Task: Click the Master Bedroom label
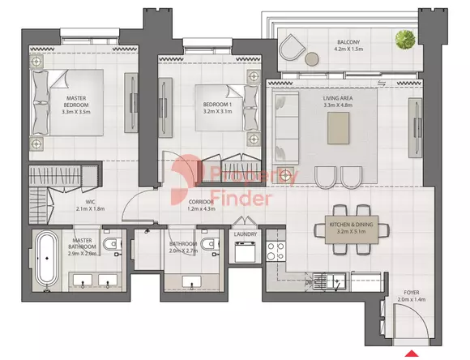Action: click(76, 101)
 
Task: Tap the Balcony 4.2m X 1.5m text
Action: click(348, 45)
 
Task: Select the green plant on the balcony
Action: click(405, 39)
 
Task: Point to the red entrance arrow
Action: click(412, 353)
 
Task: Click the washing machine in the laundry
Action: click(246, 251)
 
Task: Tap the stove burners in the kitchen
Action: click(276, 251)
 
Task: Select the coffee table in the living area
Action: click(338, 128)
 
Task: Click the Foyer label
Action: click(412, 292)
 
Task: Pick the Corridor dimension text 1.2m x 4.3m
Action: click(202, 209)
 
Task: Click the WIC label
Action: click(90, 202)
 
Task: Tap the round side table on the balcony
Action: click(312, 59)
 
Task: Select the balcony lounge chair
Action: click(292, 47)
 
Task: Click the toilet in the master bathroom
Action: click(112, 243)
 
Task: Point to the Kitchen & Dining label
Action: click(352, 225)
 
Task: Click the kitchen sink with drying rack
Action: click(329, 281)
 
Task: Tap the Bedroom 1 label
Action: click(217, 105)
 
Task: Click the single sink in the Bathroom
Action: click(191, 282)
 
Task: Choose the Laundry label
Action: click(246, 234)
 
